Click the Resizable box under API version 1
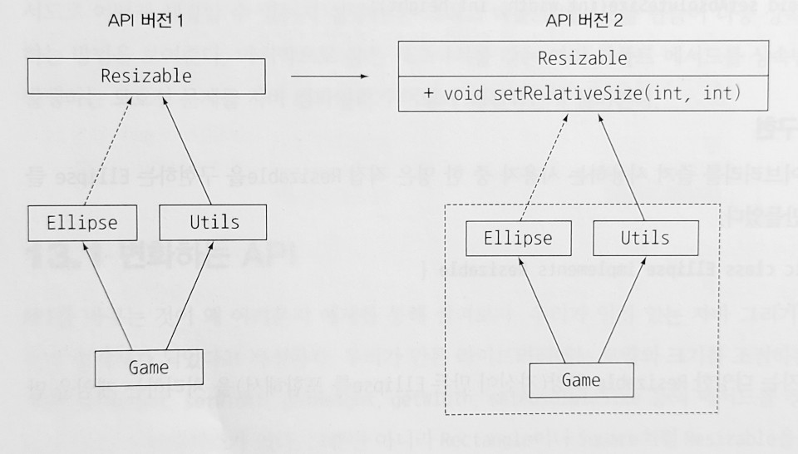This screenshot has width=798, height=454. click(145, 77)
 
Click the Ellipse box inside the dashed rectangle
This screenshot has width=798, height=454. click(517, 238)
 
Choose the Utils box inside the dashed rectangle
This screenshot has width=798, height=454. click(645, 238)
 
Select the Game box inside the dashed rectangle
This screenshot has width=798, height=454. click(581, 380)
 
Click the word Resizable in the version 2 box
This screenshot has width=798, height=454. click(582, 59)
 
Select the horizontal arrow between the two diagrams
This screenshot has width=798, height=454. click(329, 76)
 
